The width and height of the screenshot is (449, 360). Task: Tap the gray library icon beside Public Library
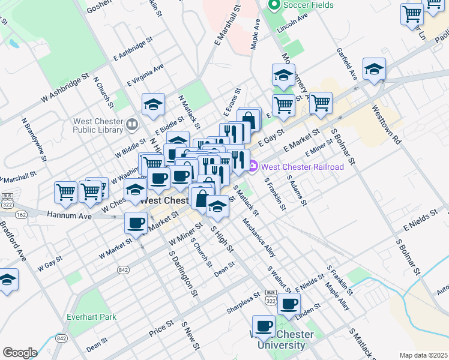click(132, 125)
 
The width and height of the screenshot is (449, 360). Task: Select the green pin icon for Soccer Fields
click(274, 6)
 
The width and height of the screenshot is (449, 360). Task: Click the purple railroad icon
click(254, 166)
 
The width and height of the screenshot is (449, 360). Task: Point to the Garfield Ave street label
click(347, 64)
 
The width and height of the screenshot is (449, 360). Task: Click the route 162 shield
click(22, 214)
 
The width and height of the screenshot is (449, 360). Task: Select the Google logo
click(20, 352)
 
